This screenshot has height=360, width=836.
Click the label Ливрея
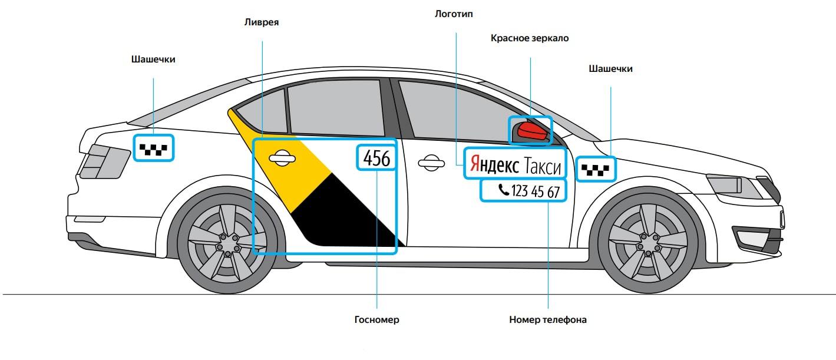coord(261,23)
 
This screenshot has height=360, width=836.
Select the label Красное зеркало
coord(530,38)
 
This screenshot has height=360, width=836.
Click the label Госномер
coord(376,320)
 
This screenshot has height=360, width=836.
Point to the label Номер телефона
coord(548,320)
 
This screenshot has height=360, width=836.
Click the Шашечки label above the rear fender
coord(153,60)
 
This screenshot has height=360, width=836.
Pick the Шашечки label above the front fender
coord(610,69)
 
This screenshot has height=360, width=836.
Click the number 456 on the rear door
coord(376,158)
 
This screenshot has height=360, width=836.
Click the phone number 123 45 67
coord(536,191)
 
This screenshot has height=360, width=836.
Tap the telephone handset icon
coord(503,190)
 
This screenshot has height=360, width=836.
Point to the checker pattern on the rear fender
coord(153,148)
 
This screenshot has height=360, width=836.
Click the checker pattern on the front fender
coord(596,170)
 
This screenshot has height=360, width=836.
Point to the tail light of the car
coord(104,160)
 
